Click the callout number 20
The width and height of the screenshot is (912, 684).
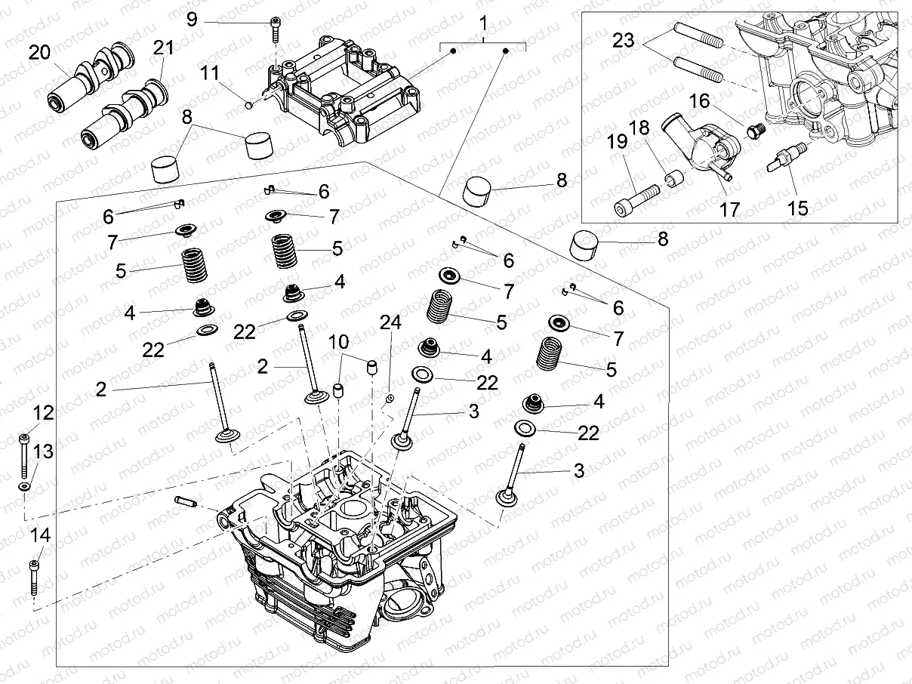[x=39, y=52]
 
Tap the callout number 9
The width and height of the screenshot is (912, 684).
[x=192, y=19]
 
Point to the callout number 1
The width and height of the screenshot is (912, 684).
[x=483, y=24]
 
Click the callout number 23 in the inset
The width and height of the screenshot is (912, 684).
[x=624, y=40]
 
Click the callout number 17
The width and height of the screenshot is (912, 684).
[x=729, y=209]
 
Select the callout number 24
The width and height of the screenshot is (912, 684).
[x=390, y=323]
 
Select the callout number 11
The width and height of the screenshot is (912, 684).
[x=209, y=72]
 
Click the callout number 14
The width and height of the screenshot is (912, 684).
[x=40, y=535]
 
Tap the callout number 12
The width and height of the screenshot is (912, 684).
[x=44, y=413]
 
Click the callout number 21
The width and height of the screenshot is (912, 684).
[x=163, y=48]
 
